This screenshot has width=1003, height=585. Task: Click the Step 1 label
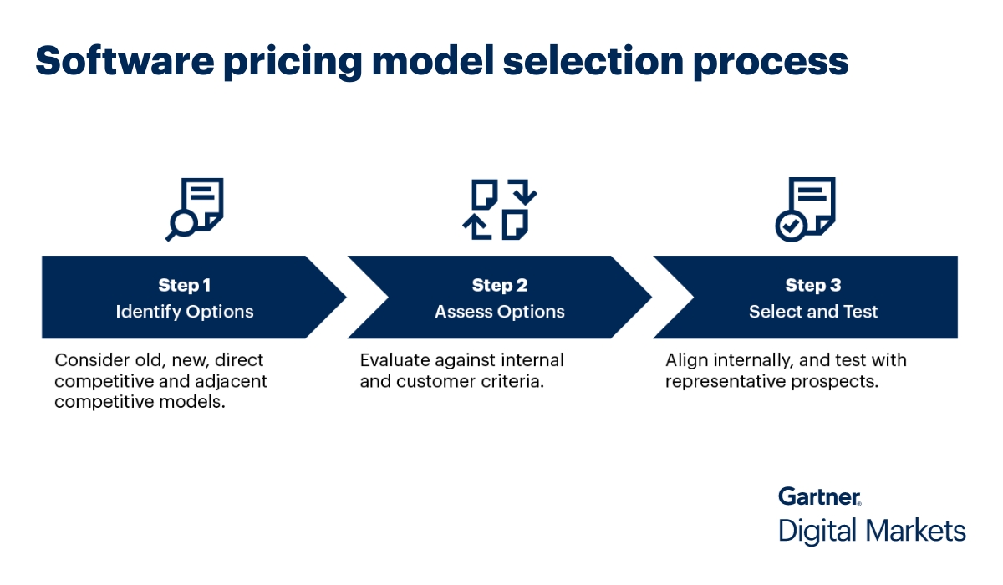[184, 286]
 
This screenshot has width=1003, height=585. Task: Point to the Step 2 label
[500, 286]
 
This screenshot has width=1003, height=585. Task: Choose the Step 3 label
[813, 286]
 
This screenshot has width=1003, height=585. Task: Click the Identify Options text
[184, 312]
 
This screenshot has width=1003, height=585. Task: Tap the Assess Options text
[500, 312]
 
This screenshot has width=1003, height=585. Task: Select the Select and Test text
[813, 312]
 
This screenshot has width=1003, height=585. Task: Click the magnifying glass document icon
[196, 208]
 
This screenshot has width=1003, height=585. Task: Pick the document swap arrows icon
[500, 209]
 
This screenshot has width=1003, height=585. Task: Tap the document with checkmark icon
[804, 209]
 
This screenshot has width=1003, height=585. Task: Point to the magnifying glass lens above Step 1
[182, 221]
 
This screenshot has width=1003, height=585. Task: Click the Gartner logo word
[819, 496]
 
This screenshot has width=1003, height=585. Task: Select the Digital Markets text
[872, 531]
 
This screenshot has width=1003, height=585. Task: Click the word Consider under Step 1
[88, 361]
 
